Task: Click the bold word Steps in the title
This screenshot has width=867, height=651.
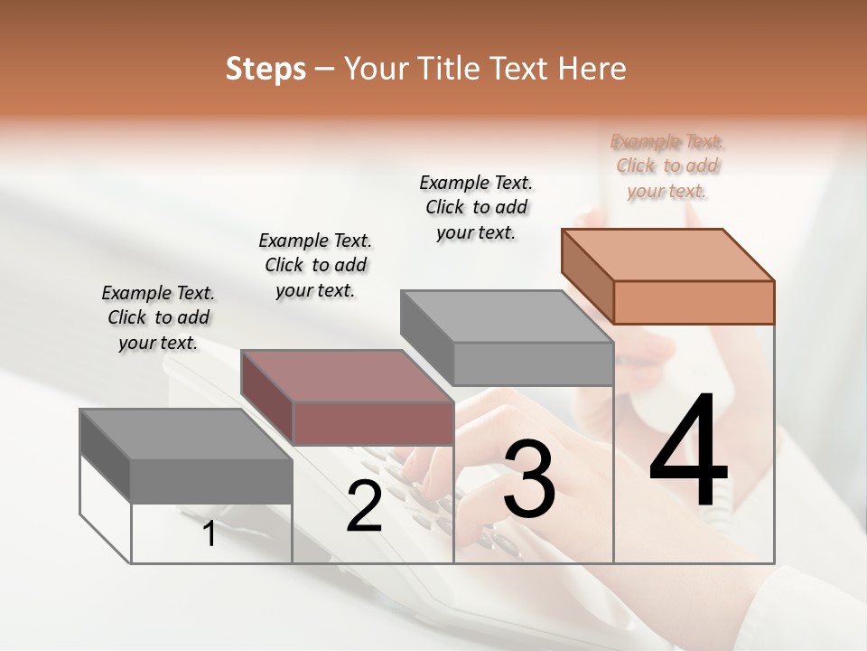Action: [266, 69]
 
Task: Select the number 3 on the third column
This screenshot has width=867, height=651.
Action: [529, 478]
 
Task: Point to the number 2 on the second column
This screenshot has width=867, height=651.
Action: [364, 506]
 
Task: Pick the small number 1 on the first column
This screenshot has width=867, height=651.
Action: [210, 533]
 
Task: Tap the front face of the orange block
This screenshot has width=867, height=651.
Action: [694, 302]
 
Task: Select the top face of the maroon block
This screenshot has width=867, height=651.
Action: [347, 375]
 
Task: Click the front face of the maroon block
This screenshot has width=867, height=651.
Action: [372, 423]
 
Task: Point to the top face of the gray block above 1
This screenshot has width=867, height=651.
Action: [186, 434]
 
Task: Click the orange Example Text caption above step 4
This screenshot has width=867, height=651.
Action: [667, 165]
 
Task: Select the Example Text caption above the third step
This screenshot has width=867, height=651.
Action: [476, 207]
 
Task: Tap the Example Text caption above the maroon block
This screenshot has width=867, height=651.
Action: [315, 265]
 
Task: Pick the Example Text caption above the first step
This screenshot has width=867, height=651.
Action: [158, 317]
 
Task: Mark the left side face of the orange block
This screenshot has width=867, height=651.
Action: [587, 276]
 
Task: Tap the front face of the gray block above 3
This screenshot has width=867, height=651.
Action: [533, 363]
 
